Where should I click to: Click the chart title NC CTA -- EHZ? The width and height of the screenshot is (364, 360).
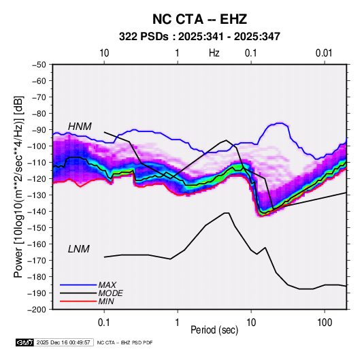[199, 19]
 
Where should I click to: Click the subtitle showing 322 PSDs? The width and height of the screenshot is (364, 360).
[199, 37]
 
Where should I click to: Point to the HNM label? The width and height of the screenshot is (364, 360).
[80, 127]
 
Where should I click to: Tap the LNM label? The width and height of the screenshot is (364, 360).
[79, 249]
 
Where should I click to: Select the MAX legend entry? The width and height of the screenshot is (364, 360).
[107, 285]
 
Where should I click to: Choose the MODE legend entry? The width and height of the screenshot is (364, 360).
[110, 293]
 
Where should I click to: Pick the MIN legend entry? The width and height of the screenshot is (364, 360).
[106, 301]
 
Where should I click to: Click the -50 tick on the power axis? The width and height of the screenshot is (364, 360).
[39, 65]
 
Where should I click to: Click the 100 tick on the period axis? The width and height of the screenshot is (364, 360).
[325, 323]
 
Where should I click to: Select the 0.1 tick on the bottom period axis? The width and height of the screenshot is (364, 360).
[104, 323]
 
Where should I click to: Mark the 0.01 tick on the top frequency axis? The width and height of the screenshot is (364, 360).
[324, 53]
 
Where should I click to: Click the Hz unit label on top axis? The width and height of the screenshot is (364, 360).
[214, 53]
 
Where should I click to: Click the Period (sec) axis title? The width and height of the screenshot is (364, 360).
[214, 330]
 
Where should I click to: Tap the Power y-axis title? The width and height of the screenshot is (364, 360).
[18, 186]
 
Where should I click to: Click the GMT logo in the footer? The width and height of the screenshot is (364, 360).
[24, 342]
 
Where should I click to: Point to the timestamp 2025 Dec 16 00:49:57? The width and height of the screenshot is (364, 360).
[63, 342]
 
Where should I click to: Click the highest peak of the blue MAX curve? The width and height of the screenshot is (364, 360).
[280, 123]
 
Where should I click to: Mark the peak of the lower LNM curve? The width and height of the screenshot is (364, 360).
[227, 213]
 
